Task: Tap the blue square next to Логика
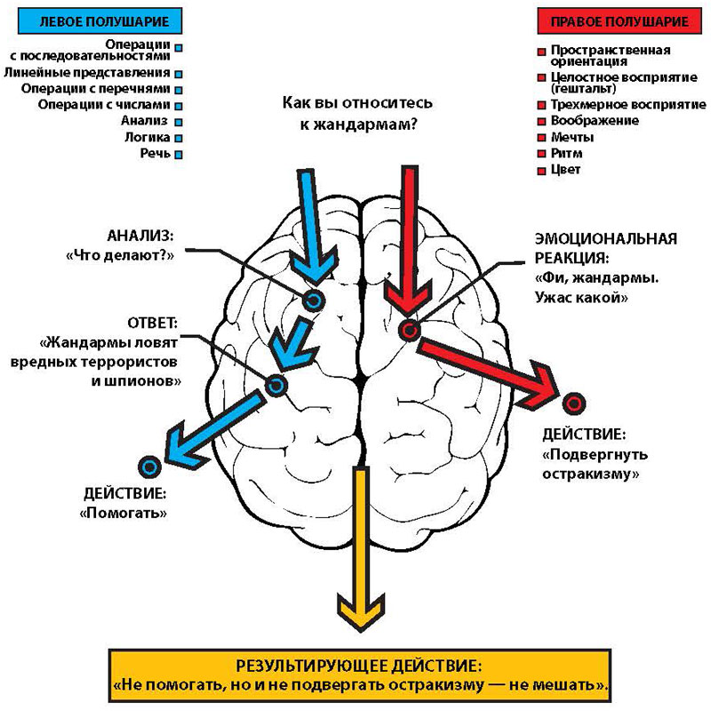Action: (x=179, y=138)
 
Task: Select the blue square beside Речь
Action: (x=179, y=154)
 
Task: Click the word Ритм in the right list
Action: (x=564, y=154)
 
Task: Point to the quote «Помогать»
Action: (x=126, y=512)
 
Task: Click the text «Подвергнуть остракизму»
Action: (x=591, y=464)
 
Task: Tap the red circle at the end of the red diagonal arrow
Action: (x=574, y=402)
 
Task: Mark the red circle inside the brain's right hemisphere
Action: (x=408, y=331)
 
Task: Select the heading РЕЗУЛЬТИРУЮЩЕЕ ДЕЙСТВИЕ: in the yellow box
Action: (x=360, y=665)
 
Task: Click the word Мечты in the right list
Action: (x=571, y=138)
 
